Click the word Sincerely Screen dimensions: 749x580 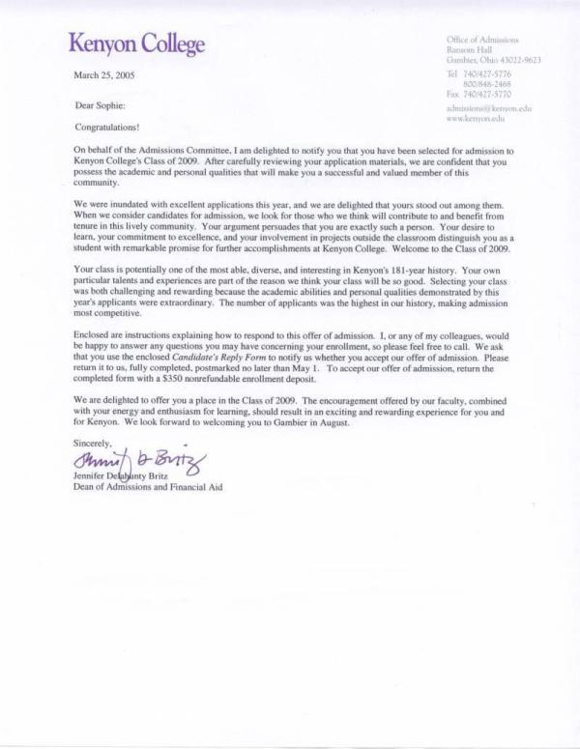93,442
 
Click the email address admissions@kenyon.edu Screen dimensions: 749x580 489,109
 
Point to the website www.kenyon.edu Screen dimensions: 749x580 477,119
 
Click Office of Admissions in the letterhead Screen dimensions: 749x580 483,40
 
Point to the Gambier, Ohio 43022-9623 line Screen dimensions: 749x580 493,59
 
